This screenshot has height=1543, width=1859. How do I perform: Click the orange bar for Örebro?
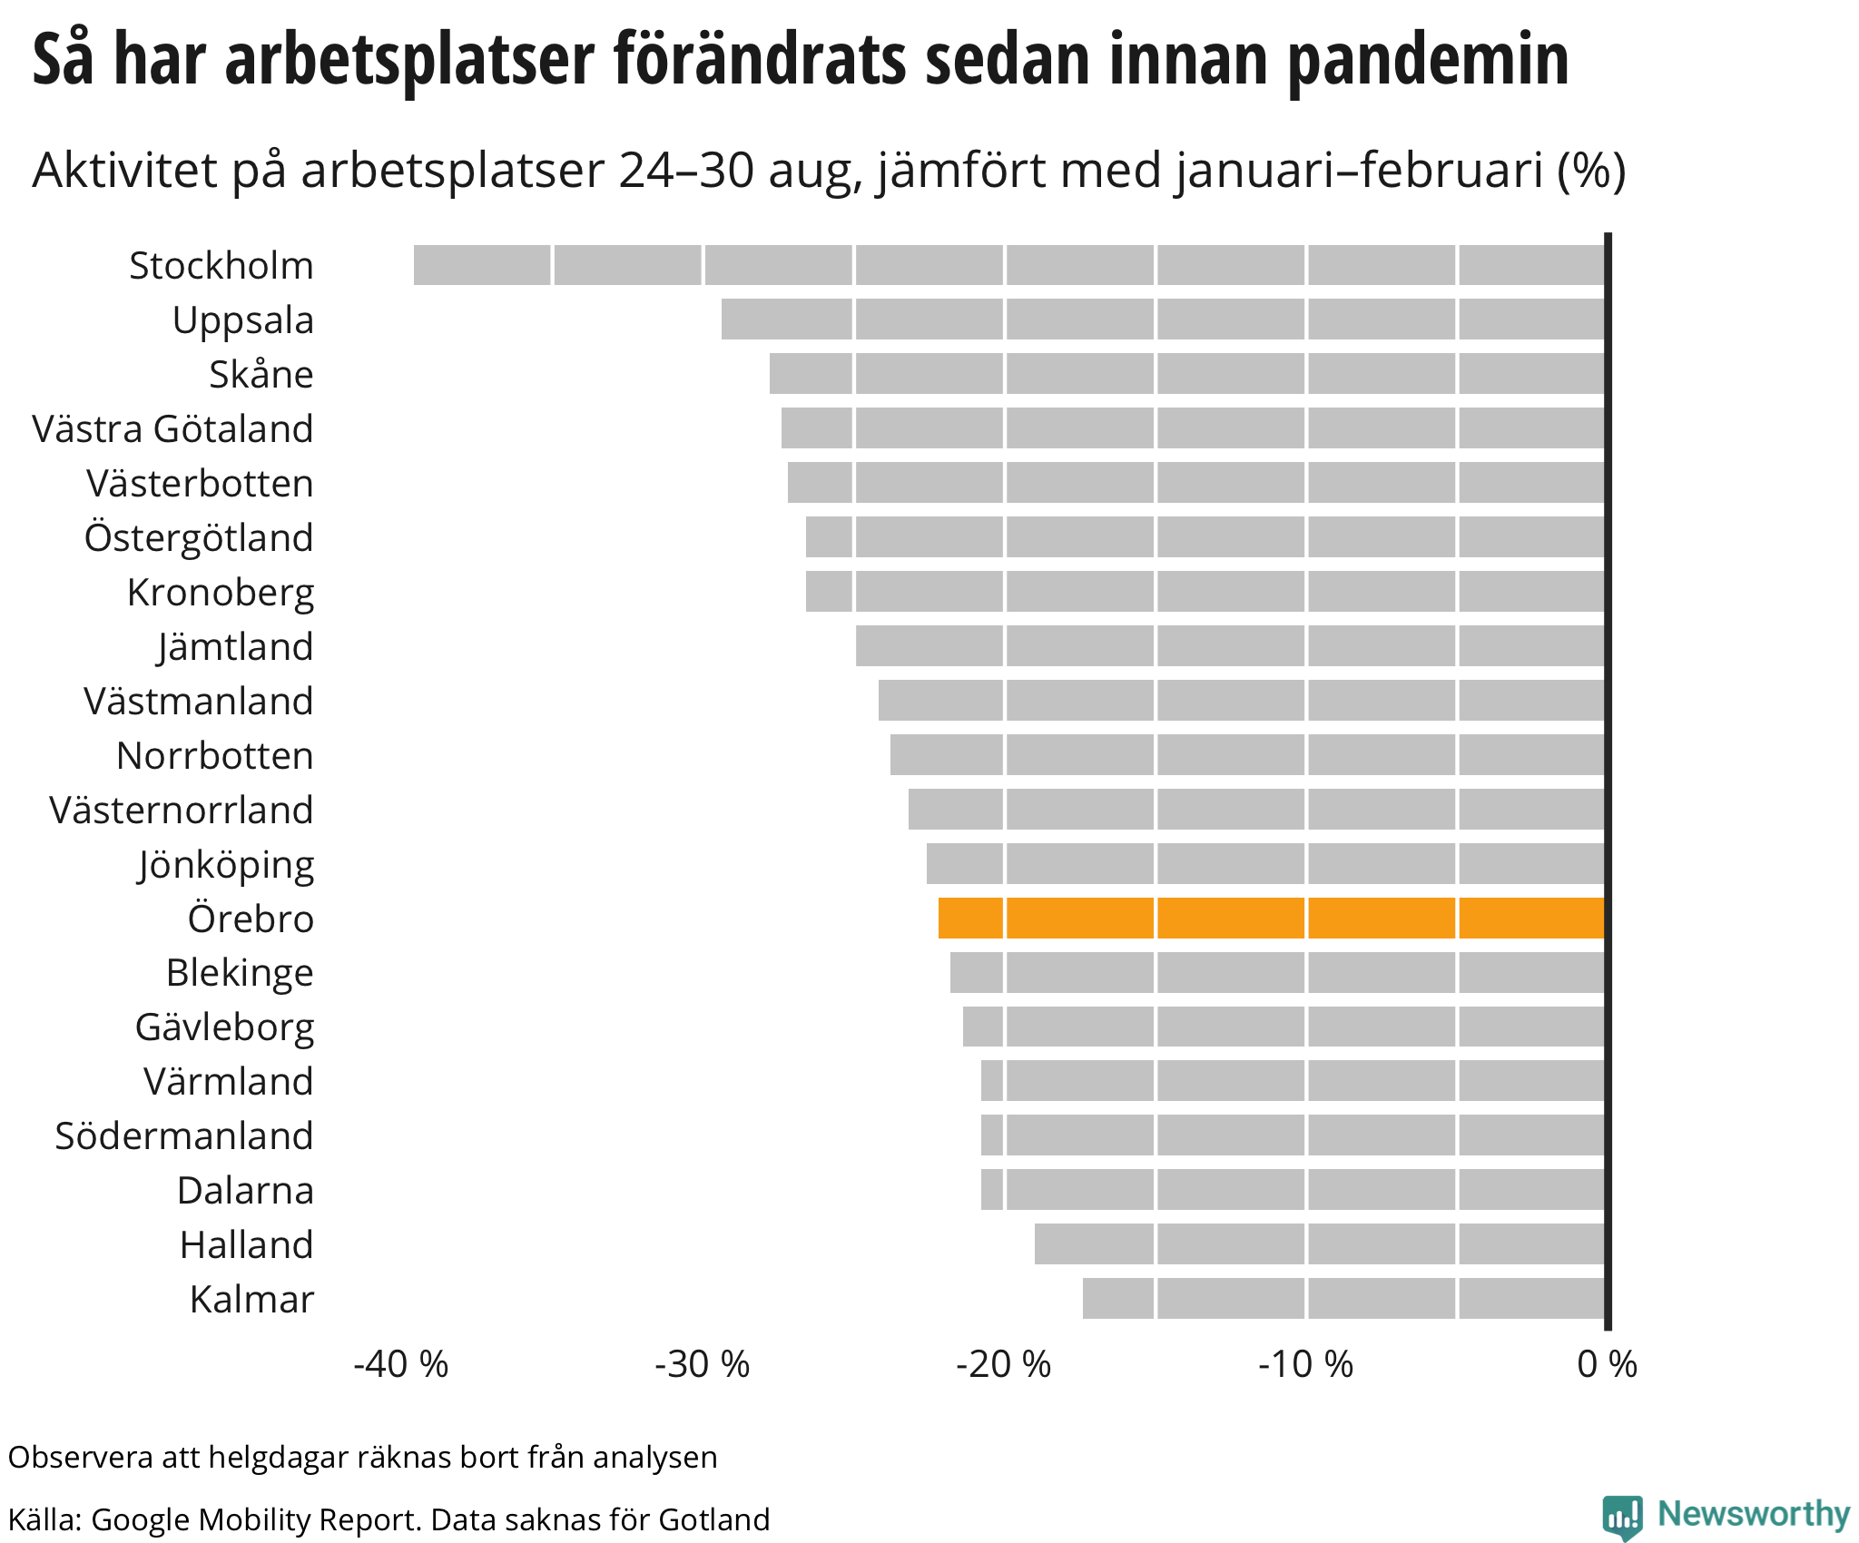1271,918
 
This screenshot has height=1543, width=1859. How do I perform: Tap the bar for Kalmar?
1343,1298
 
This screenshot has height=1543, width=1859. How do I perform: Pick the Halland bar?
1320,1243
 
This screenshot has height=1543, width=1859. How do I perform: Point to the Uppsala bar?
1163,319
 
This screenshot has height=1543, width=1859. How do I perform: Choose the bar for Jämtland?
1230,645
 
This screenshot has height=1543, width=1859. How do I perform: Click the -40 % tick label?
400,1364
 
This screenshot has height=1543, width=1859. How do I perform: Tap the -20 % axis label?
1003,1364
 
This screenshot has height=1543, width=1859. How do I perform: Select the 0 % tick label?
1607,1364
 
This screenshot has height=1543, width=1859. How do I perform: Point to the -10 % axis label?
1305,1364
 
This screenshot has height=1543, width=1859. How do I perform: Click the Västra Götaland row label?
172,429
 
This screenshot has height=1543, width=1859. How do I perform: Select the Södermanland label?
184,1136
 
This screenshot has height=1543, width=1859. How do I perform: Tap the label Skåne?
261,375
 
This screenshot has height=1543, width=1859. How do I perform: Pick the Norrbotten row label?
215,756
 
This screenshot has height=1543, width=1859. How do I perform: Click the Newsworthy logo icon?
1622,1516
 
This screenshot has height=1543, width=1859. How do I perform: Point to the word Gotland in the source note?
714,1519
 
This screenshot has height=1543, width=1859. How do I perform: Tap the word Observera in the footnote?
81,1458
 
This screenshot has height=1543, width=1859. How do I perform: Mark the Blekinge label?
240,973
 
